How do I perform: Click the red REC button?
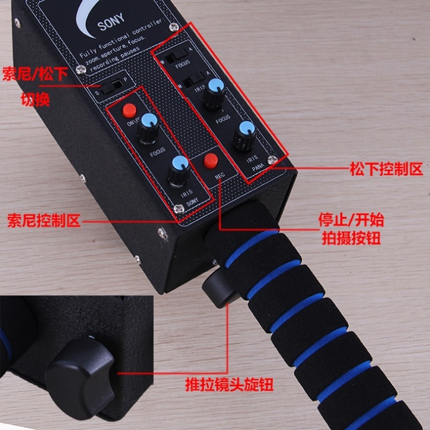point(210,160)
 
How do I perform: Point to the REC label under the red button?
point(220,177)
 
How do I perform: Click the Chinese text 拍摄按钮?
point(350,239)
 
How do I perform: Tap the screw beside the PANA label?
point(272,160)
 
